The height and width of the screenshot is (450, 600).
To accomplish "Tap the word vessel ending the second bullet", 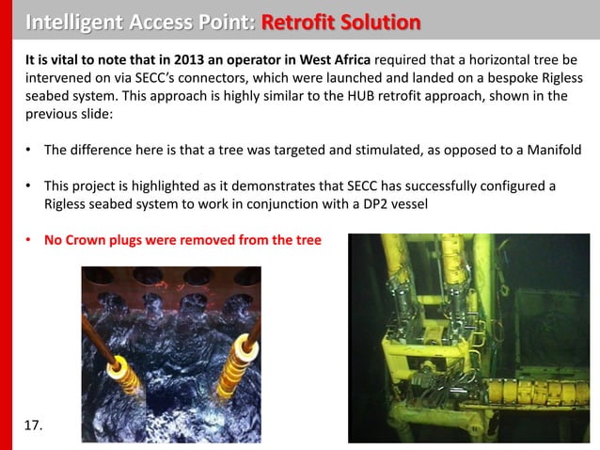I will (x=408, y=203).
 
